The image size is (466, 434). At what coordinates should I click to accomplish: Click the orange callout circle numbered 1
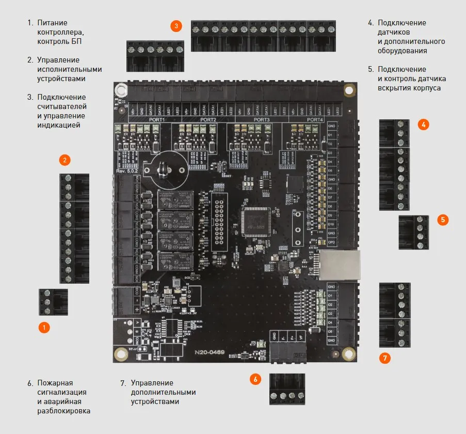tap(45, 327)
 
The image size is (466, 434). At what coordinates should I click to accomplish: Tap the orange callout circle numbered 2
tap(65, 160)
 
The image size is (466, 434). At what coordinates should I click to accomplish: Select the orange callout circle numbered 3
tap(176, 26)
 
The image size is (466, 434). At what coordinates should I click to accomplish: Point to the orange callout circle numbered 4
tap(423, 124)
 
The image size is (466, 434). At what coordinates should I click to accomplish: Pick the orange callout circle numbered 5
tap(442, 220)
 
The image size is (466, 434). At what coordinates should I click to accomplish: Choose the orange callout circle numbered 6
tap(255, 379)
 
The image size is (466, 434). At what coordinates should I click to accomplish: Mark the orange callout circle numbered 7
tap(384, 358)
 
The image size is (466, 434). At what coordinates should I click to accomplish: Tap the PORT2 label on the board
tap(208, 119)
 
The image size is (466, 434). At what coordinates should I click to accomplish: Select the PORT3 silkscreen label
tap(262, 119)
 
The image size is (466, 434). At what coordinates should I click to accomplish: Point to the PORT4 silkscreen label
tap(315, 119)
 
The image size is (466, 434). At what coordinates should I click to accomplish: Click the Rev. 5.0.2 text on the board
tap(128, 171)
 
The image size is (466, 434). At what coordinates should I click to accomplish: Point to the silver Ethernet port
tap(338, 265)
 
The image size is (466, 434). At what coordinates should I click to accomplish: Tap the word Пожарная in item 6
tap(55, 383)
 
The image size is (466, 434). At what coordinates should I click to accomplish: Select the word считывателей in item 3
tap(61, 106)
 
